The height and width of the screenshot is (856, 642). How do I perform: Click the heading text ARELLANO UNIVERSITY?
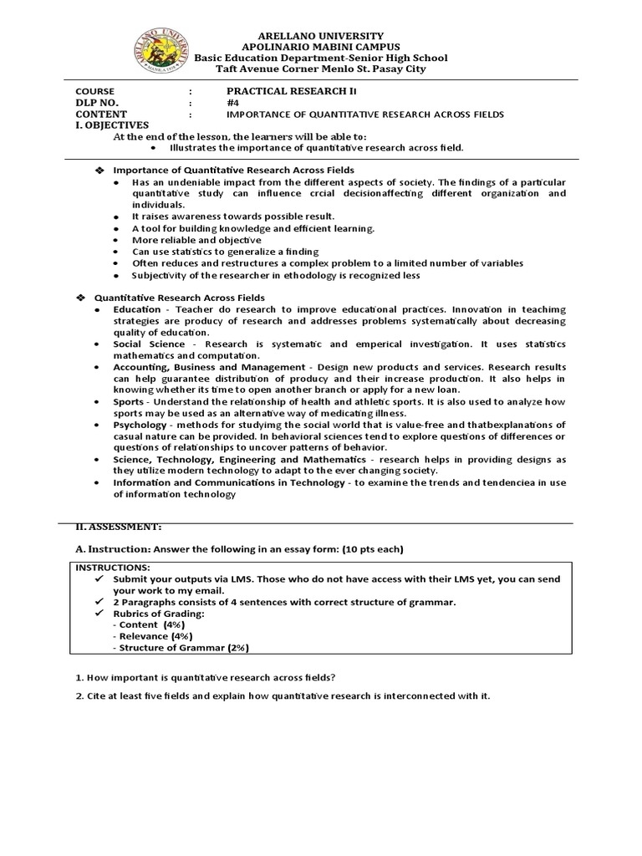tap(321, 36)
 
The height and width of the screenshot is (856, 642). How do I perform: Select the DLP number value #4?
tap(232, 102)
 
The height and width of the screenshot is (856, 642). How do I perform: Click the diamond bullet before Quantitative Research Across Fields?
tap(81, 298)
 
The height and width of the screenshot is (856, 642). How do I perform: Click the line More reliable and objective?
tap(196, 240)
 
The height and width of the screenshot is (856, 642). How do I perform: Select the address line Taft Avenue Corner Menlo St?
tap(321, 69)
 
